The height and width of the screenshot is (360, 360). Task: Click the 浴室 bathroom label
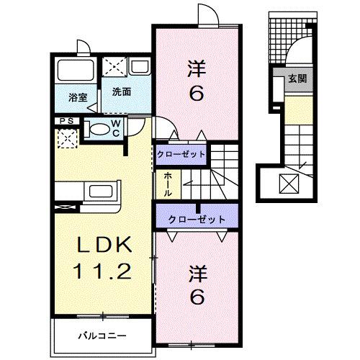pyautogui.click(x=78, y=96)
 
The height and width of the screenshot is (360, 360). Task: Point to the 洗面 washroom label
pyautogui.click(x=121, y=92)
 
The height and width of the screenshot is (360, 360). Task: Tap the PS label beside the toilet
pyautogui.click(x=67, y=121)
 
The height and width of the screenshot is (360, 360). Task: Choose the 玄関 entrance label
pyautogui.click(x=297, y=79)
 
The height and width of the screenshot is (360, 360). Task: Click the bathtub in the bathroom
pyautogui.click(x=75, y=71)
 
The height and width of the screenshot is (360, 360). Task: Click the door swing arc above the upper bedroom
pyautogui.click(x=203, y=16)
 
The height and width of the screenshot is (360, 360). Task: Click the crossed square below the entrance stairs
pyautogui.click(x=289, y=186)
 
